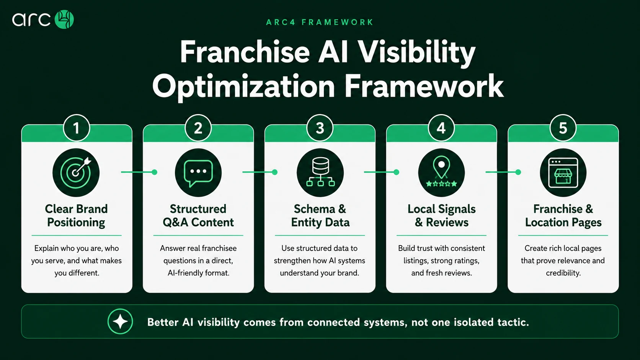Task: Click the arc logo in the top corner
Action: tap(43, 20)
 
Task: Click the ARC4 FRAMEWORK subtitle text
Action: tap(320, 22)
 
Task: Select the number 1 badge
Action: tap(76, 128)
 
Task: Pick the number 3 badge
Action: tap(320, 128)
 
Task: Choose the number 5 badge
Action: tap(563, 128)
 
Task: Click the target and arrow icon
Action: tap(76, 173)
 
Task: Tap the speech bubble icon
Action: tap(198, 173)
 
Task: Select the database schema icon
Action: tap(320, 173)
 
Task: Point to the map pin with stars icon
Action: tap(441, 173)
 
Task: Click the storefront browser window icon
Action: tap(563, 173)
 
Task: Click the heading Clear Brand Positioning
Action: tap(76, 216)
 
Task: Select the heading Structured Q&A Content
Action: tap(198, 216)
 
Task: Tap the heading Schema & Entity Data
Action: tap(320, 216)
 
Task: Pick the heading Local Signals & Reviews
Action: tap(441, 216)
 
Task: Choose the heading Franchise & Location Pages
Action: tap(563, 216)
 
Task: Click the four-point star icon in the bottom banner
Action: tap(120, 321)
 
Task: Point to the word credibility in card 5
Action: tap(563, 273)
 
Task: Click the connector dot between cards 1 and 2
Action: tap(155, 172)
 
